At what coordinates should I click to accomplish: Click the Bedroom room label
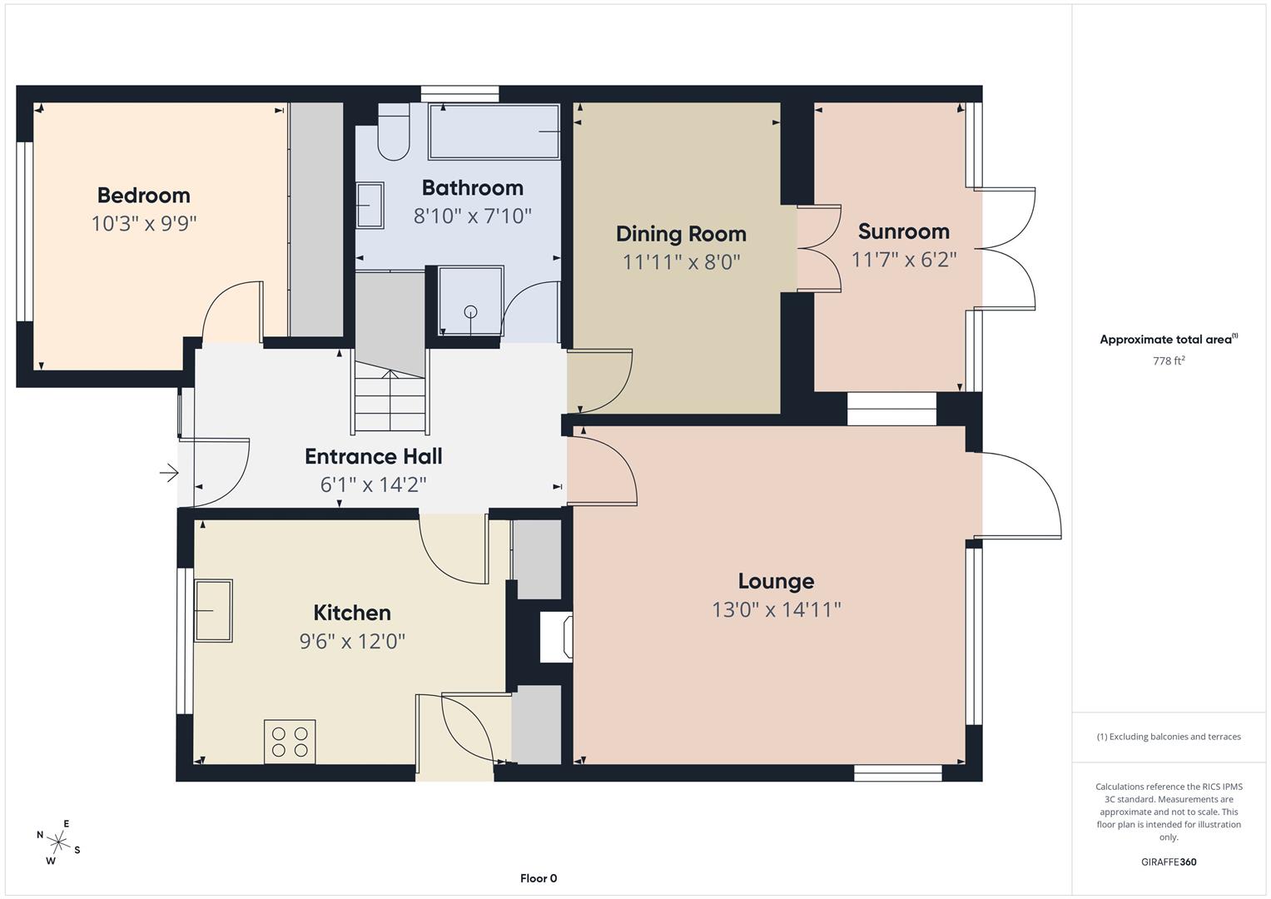[x=143, y=196]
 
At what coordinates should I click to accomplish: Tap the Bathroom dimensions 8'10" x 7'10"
[x=472, y=216]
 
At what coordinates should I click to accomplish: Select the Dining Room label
[x=681, y=234]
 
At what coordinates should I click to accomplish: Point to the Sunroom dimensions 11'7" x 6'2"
[x=904, y=260]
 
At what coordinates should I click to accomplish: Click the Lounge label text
[x=776, y=581]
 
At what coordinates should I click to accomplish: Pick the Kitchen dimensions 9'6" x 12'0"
[x=352, y=641]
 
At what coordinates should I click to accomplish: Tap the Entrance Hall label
[x=374, y=456]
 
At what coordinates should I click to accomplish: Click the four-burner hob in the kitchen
[x=290, y=742]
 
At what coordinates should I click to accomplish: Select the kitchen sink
[x=213, y=611]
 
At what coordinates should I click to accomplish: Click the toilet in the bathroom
[x=393, y=132]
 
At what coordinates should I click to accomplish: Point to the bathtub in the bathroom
[x=494, y=132]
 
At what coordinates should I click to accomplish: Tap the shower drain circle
[x=470, y=311]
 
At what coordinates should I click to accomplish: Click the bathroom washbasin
[x=370, y=206]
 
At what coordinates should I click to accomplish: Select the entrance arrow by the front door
[x=169, y=473]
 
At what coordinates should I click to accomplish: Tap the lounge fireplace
[x=556, y=637]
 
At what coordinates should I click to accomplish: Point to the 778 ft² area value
[x=1169, y=360]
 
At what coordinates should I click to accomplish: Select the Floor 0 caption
[x=539, y=878]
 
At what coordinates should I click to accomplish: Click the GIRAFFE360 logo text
[x=1169, y=862]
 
